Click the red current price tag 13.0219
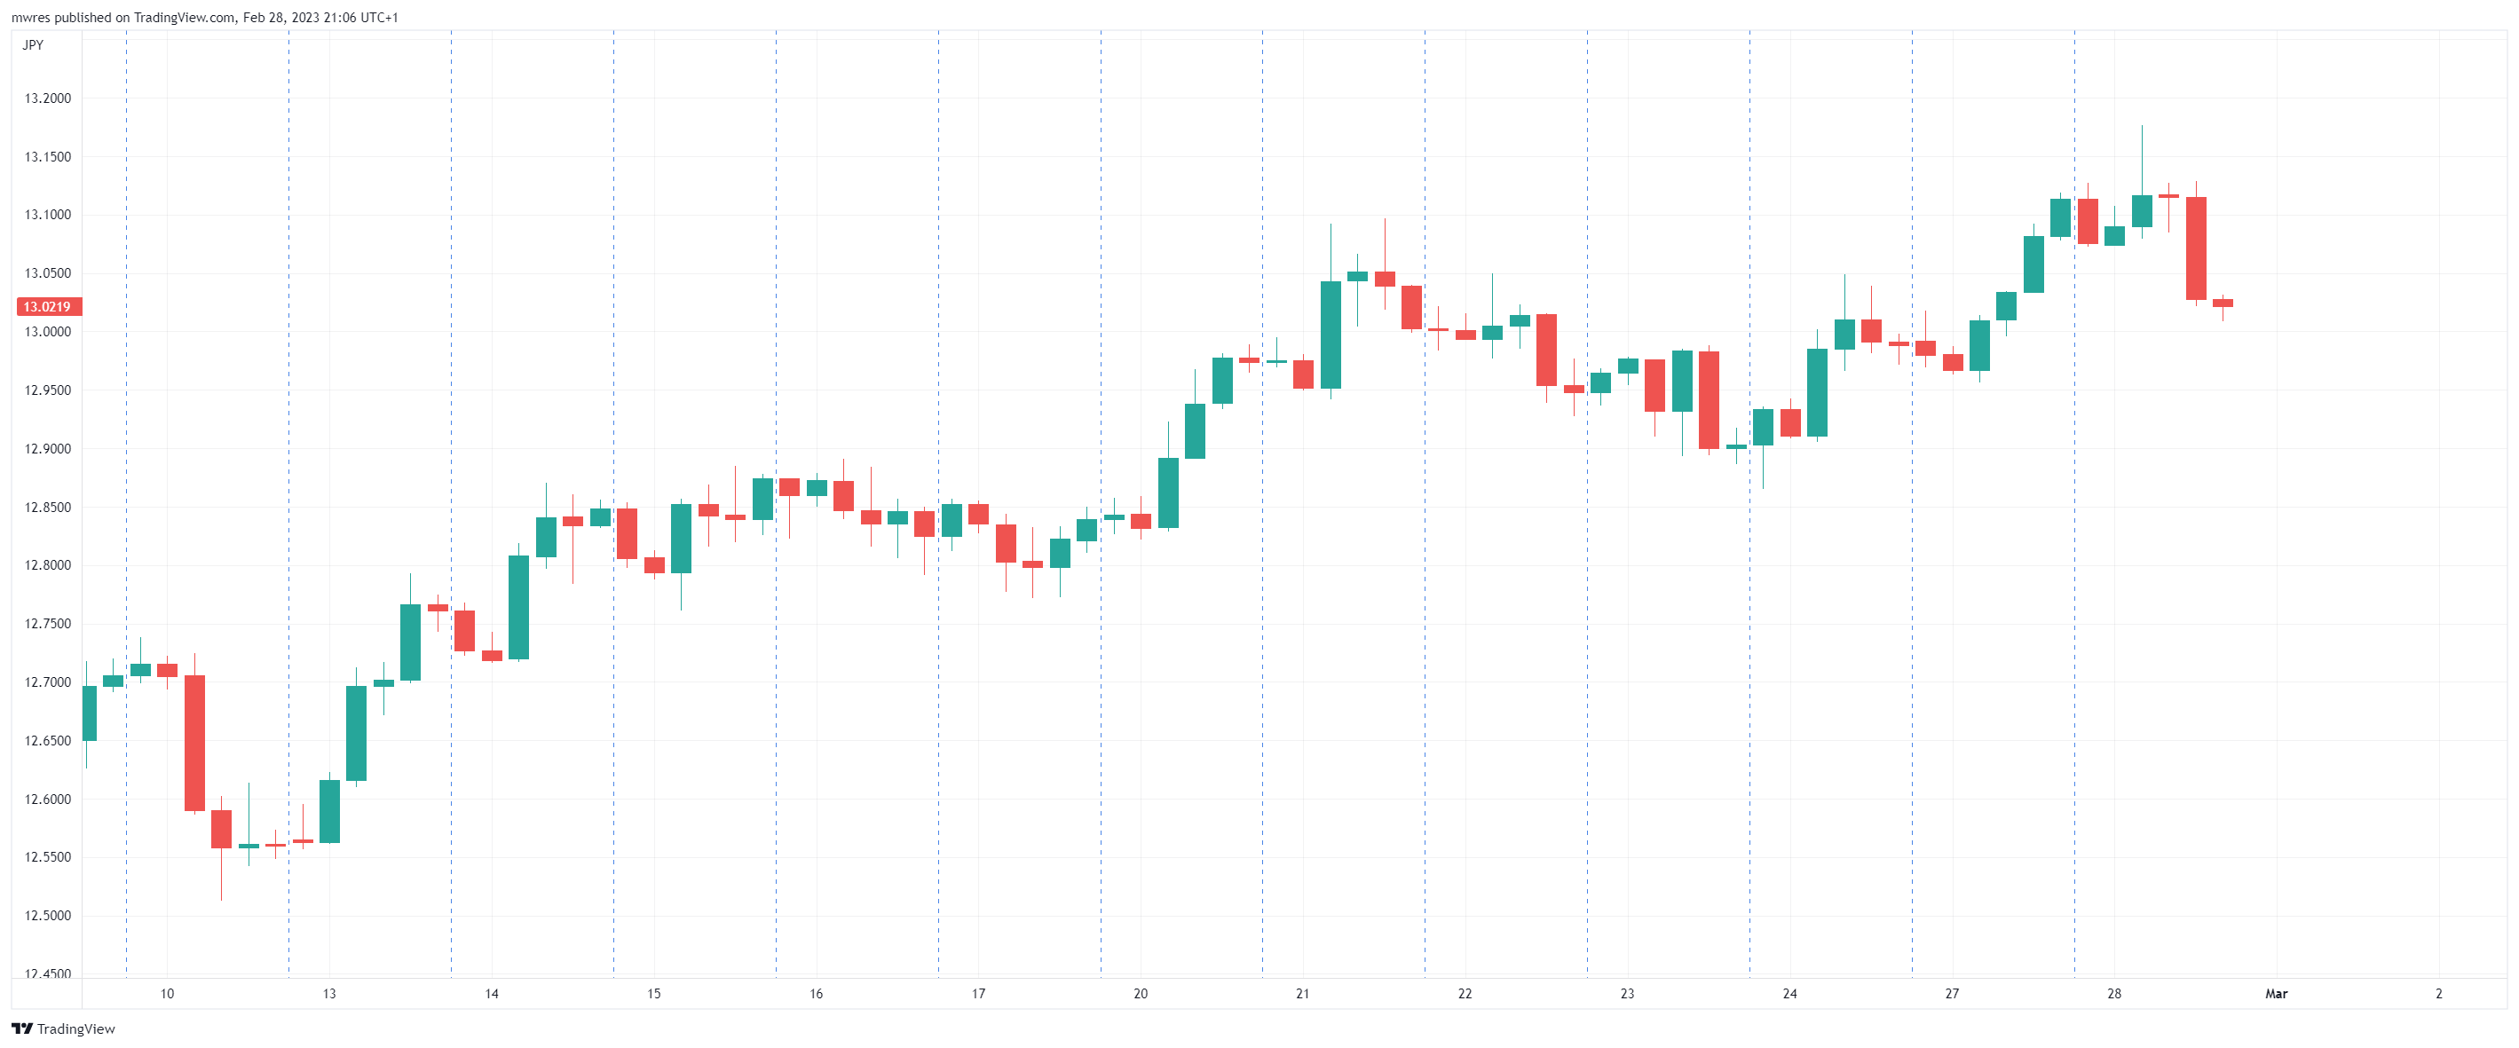point(48,307)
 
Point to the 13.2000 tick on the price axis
point(48,98)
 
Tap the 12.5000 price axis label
point(48,916)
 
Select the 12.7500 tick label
point(48,624)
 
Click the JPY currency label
point(33,45)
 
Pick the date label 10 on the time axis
point(167,994)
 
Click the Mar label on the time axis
point(2276,994)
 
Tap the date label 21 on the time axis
point(1302,994)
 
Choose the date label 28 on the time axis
point(2114,994)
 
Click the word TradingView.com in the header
point(184,18)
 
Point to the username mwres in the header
point(30,18)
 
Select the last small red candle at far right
point(2223,303)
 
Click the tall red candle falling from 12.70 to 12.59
point(194,743)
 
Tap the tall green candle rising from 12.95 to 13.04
point(1330,335)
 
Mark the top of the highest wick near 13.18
point(2142,126)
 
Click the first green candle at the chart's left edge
point(89,713)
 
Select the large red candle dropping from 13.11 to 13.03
point(2196,248)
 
